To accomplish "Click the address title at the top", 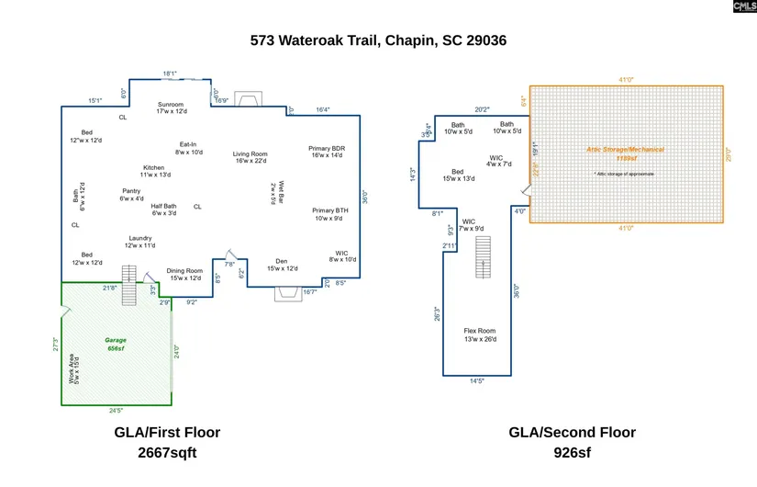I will [x=378, y=40].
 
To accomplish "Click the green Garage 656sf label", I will [x=116, y=345].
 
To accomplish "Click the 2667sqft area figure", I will [x=167, y=452].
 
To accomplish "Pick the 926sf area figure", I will [x=572, y=452].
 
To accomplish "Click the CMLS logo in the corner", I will [x=744, y=6].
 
